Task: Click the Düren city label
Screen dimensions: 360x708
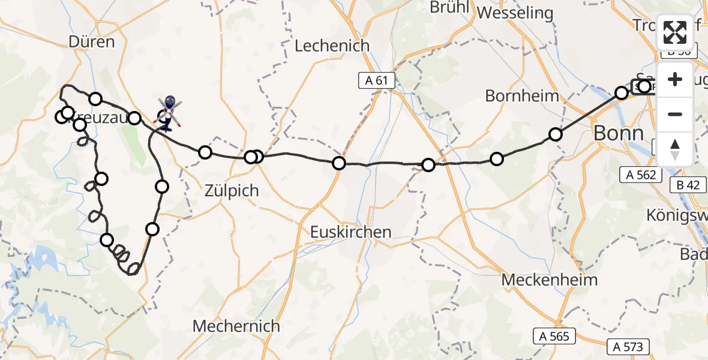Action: coord(92,42)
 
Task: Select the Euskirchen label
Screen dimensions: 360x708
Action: coord(351,232)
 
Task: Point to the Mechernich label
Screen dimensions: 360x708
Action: coord(236,326)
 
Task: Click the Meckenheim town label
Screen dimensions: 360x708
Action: coord(550,280)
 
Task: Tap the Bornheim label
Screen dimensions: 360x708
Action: coord(521,95)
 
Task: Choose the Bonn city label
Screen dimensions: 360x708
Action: coord(618,133)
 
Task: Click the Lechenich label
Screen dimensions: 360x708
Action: coord(332,46)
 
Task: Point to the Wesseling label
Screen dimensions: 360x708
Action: coord(515,13)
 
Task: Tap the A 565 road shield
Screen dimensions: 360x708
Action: coord(554,336)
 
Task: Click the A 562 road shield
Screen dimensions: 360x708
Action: coord(641,175)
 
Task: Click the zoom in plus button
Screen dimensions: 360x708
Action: coord(675,79)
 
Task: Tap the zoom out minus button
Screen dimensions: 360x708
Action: coord(675,114)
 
